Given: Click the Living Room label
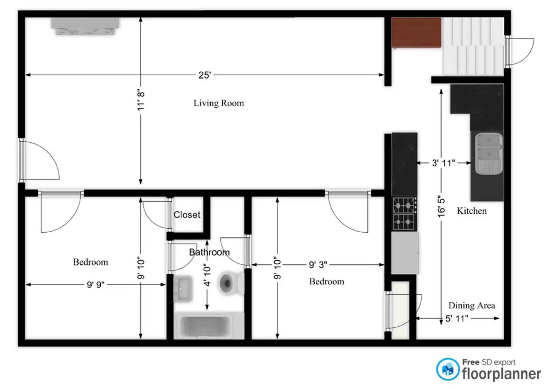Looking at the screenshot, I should [219, 103].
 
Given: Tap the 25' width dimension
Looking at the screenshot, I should [204, 75].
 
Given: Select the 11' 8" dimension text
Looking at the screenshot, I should [141, 100].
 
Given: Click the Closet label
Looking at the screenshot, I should [187, 215].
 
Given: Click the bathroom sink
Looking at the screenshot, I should [183, 288].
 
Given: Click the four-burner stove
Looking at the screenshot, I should [404, 214].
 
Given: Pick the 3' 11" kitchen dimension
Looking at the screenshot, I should [443, 163].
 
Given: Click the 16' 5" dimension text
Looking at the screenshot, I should [441, 207].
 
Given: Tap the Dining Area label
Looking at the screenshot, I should [471, 305].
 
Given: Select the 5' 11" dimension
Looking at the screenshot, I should [457, 318].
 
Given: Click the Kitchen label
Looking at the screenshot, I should [472, 211].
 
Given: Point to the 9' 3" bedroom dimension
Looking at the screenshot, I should [318, 265].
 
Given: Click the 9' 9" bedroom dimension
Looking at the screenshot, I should [96, 285].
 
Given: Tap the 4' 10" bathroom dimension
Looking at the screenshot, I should [207, 275].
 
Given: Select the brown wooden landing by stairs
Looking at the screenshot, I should [416, 32].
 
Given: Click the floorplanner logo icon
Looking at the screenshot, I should [448, 370].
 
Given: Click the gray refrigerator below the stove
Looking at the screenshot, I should [405, 253].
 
